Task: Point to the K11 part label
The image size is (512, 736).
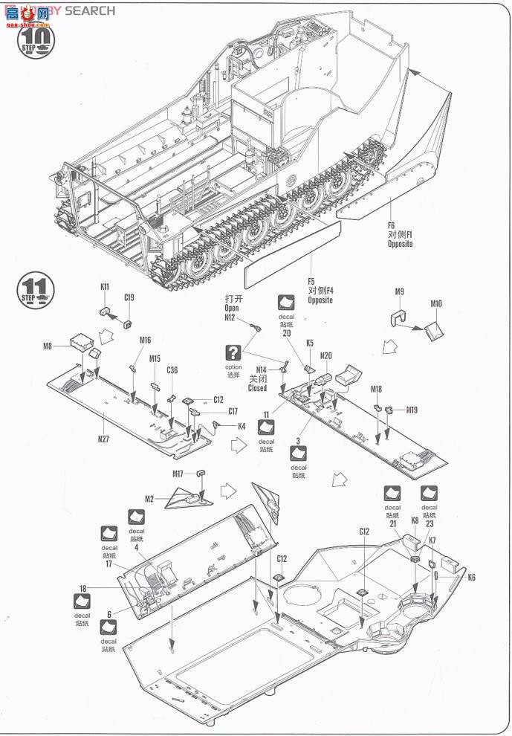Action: pyautogui.click(x=106, y=287)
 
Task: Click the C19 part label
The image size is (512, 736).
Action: pyautogui.click(x=129, y=298)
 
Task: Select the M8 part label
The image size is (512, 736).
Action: pyautogui.click(x=47, y=346)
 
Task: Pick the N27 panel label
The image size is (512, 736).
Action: pyautogui.click(x=103, y=438)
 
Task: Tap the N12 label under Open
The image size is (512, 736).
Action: pyautogui.click(x=230, y=317)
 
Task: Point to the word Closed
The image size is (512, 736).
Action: pyautogui.click(x=258, y=388)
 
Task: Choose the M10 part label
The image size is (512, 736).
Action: pyautogui.click(x=435, y=303)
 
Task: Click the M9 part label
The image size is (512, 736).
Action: pyautogui.click(x=399, y=291)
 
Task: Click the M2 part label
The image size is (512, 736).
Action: pyautogui.click(x=149, y=498)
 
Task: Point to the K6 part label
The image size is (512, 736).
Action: pyautogui.click(x=471, y=577)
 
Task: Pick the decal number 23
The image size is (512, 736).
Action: pyautogui.click(x=429, y=524)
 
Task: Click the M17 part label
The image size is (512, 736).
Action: pyautogui.click(x=178, y=474)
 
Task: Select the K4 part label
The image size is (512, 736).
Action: pyautogui.click(x=242, y=426)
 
